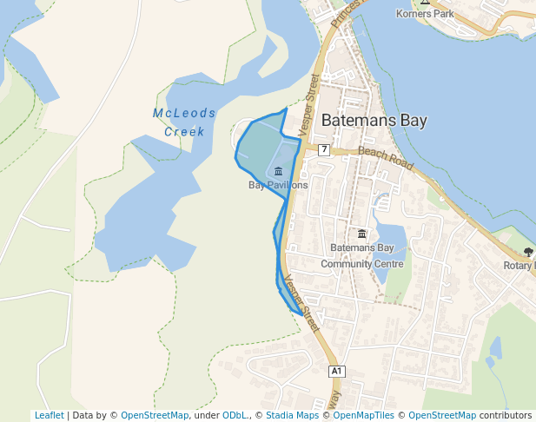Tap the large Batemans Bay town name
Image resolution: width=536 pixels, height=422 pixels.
point(374,121)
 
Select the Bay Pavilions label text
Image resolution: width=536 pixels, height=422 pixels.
point(278,185)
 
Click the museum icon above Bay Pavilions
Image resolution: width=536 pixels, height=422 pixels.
point(278,171)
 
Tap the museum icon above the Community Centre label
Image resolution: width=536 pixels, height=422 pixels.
point(362,234)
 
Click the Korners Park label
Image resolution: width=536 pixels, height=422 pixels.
point(425,14)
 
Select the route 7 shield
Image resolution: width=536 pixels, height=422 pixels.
point(324,149)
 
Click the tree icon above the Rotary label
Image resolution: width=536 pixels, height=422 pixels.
point(528,253)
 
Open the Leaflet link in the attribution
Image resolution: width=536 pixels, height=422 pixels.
point(49,415)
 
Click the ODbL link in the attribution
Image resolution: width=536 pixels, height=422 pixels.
point(235,415)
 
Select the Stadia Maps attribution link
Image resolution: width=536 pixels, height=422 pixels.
point(292,415)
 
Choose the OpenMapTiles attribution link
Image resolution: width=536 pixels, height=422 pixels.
point(363,415)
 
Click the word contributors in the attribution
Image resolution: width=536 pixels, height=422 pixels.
point(506,415)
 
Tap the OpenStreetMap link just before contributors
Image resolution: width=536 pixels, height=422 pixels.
point(442,415)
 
